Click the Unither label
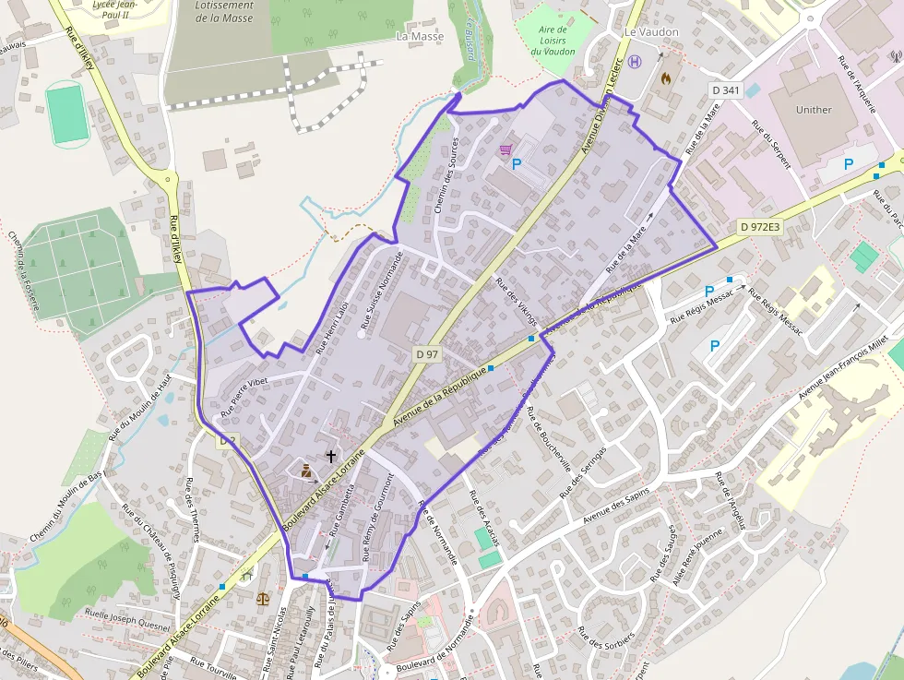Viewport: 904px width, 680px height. tap(813, 110)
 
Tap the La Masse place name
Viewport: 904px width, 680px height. tap(420, 37)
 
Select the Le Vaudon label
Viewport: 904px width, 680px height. tap(651, 32)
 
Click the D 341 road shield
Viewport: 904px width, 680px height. tap(726, 89)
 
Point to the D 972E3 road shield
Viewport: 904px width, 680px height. tap(759, 226)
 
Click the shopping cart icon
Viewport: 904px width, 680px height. tap(506, 149)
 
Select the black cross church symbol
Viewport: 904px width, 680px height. tap(330, 456)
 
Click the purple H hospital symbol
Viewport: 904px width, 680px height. tap(635, 63)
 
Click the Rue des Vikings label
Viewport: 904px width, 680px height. tap(516, 302)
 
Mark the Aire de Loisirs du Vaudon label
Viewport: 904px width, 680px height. tap(553, 41)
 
